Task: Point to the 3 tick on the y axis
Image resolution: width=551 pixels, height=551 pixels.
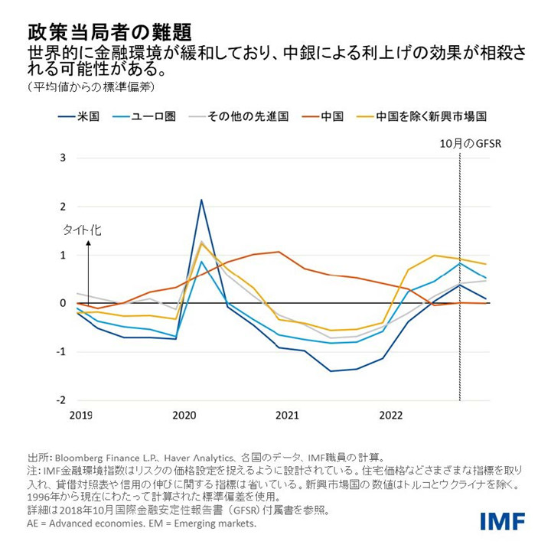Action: pyautogui.click(x=64, y=158)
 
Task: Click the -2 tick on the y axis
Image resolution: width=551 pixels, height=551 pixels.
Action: pyautogui.click(x=63, y=400)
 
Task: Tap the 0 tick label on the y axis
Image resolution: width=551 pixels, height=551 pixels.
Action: pyautogui.click(x=64, y=304)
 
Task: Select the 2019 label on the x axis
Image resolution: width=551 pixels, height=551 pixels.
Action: pyautogui.click(x=80, y=416)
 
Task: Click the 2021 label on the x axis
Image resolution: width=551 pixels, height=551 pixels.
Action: pyautogui.click(x=287, y=416)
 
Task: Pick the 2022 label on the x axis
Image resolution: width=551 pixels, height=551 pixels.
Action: pyautogui.click(x=391, y=416)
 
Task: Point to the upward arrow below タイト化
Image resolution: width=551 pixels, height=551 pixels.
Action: pyautogui.click(x=89, y=268)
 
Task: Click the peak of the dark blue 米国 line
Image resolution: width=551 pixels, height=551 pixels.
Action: pyautogui.click(x=201, y=200)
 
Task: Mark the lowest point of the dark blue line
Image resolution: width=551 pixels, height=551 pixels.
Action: pyautogui.click(x=331, y=371)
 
